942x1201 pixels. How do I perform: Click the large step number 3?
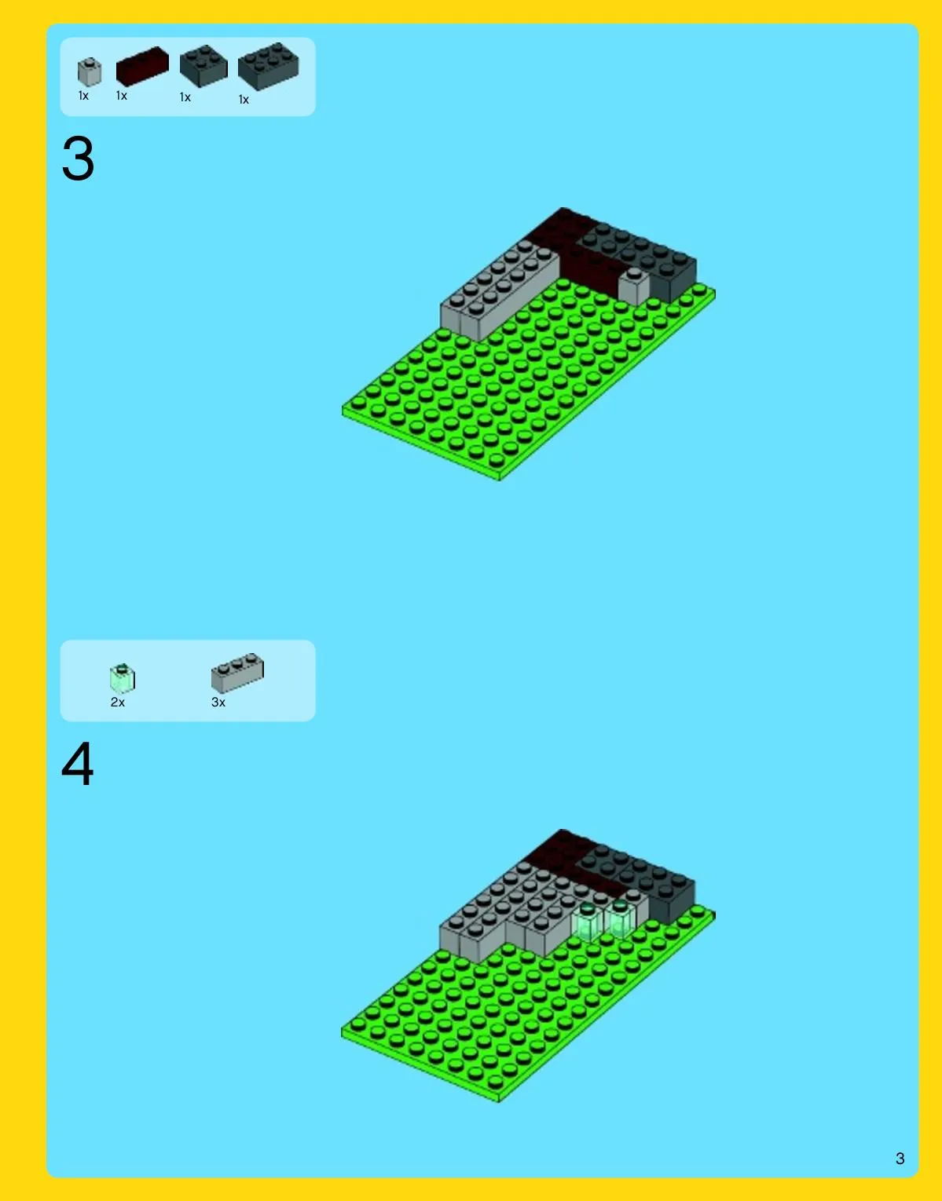coord(78,159)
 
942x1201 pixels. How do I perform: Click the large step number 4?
coord(78,765)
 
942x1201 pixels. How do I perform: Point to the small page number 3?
coord(900,1158)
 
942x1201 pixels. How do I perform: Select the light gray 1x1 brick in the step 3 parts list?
coord(89,72)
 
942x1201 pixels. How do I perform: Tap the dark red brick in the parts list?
coord(142,66)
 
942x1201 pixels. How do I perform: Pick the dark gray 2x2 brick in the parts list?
coord(203,66)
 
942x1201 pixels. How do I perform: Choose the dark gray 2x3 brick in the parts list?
coord(268,66)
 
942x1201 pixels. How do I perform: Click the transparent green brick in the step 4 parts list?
coord(123,677)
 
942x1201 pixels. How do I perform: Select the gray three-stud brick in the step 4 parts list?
coord(237,673)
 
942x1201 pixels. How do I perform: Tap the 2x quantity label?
coord(117,702)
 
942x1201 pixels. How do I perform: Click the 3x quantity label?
coord(218,702)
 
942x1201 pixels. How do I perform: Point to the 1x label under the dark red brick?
coord(121,96)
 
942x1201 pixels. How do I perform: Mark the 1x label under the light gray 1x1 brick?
coord(83,96)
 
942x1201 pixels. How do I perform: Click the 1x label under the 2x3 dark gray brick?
coord(244,100)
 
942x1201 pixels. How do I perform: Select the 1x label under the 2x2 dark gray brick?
coord(185,97)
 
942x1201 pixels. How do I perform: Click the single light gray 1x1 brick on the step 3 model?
coord(634,286)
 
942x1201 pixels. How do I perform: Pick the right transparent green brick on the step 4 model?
coord(620,918)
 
